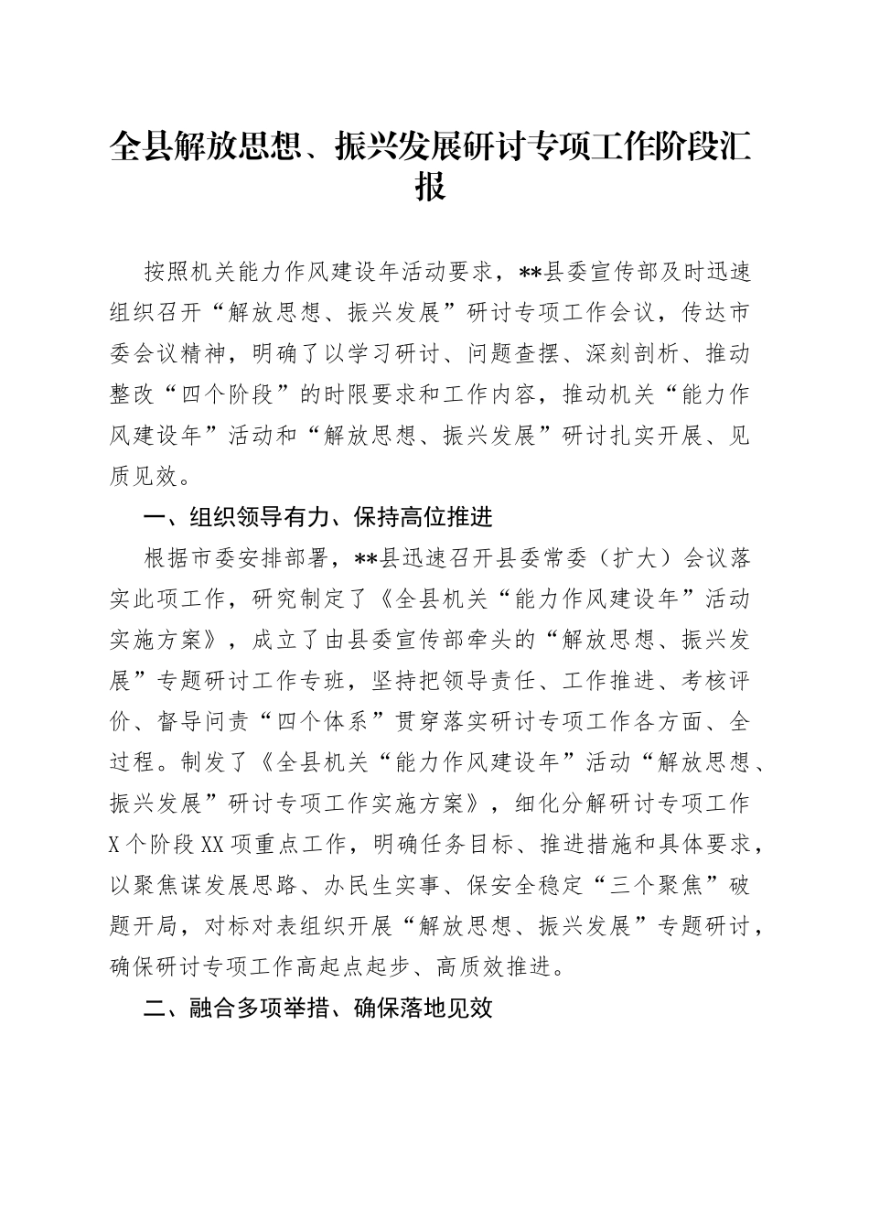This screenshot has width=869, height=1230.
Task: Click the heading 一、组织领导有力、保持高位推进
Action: pyautogui.click(x=319, y=518)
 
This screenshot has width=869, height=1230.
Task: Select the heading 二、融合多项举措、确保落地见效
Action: pyautogui.click(x=319, y=1009)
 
